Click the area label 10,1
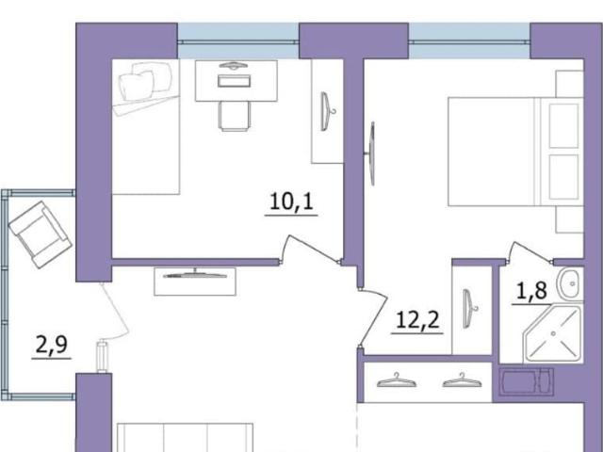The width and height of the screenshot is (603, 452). coord(291,202)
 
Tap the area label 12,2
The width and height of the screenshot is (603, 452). coord(417,320)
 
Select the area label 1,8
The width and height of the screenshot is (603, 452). coord(531,291)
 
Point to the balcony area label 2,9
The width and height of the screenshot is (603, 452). coord(52,345)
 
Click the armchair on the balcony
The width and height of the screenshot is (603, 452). coord(40,234)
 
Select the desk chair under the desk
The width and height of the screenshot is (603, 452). coord(235,116)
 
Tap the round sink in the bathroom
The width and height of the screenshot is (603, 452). coord(571,284)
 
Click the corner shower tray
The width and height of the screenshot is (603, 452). coord(553,333)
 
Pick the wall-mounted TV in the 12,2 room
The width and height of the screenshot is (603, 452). coord(371,153)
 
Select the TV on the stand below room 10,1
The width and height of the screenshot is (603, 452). coord(195,274)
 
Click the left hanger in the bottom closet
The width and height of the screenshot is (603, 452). coord(397,380)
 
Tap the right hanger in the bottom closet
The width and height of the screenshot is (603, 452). coord(462,380)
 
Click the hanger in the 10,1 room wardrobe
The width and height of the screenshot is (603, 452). coord(327,111)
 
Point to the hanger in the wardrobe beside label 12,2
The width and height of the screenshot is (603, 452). coord(469,309)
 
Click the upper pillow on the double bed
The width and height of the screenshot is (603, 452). coord(563,125)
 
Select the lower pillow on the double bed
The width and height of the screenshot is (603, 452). coord(563,177)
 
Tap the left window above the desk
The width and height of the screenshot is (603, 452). coord(238,41)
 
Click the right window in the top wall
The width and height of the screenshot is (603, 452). coord(469,41)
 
